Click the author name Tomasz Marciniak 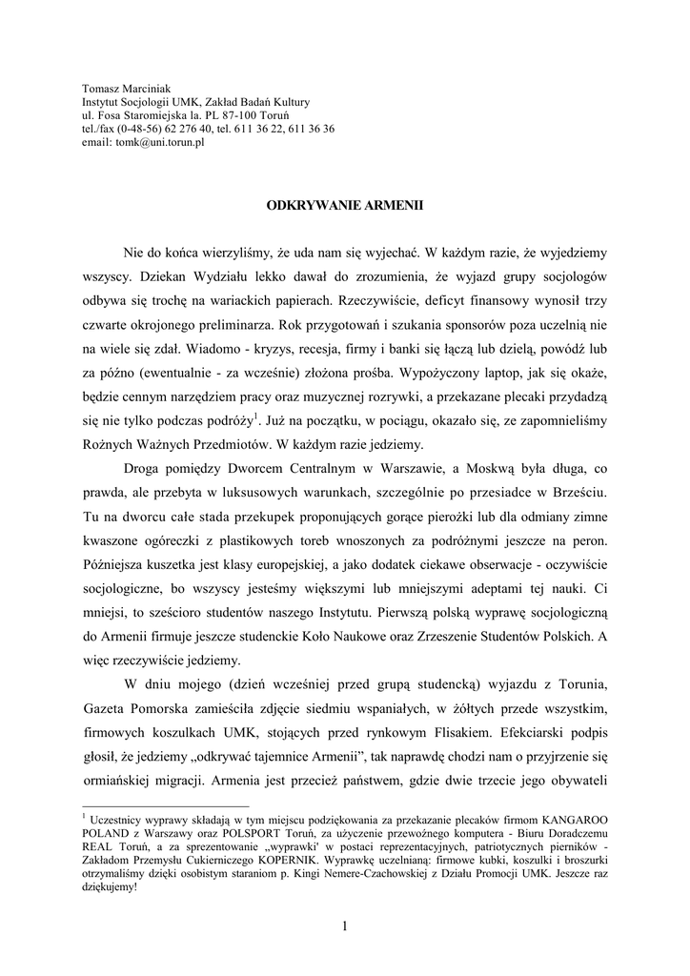pos(118,88)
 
